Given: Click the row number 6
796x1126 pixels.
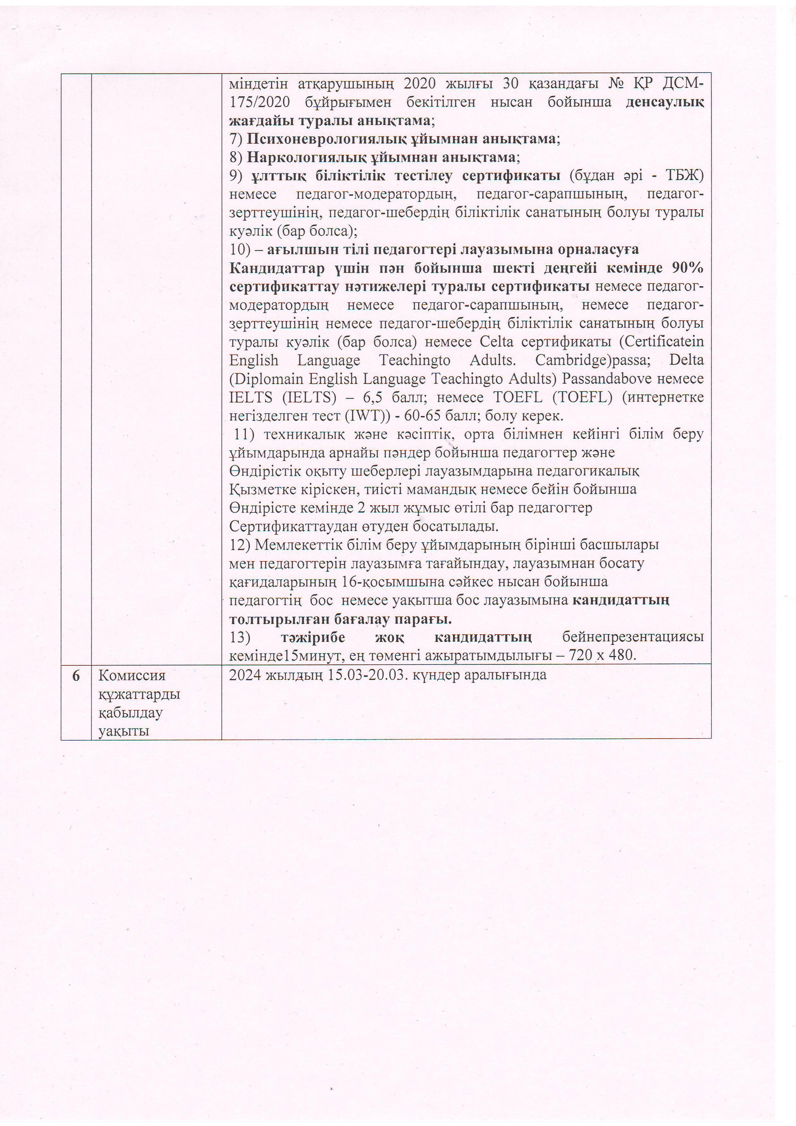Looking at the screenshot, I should [76, 676].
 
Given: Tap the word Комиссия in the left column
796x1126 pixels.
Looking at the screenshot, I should [132, 676].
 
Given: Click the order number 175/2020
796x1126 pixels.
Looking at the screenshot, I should [259, 102].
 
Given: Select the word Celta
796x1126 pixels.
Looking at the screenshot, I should [496, 342].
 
